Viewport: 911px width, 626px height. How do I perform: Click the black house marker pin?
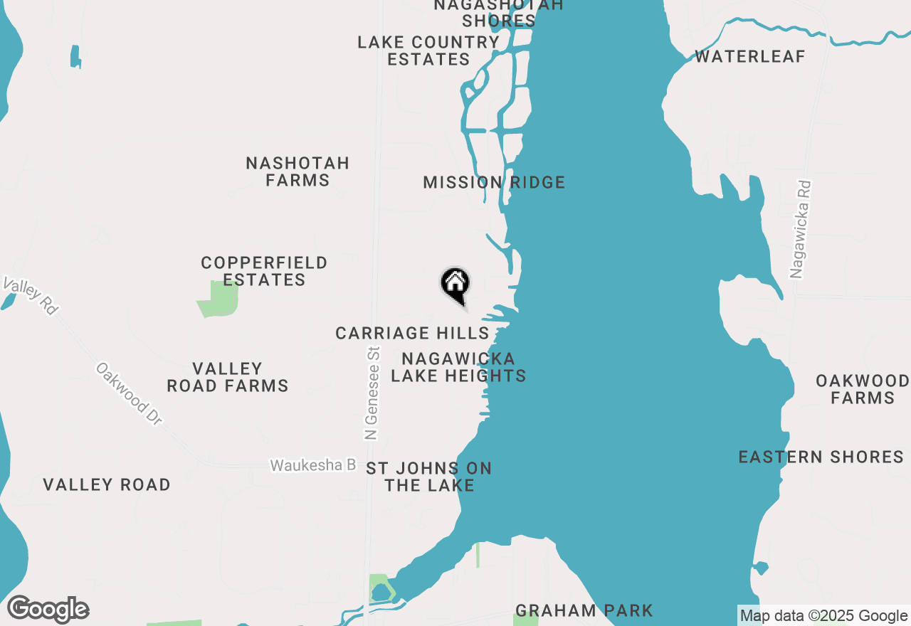coord(455,285)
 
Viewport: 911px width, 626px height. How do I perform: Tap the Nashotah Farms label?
coord(297,172)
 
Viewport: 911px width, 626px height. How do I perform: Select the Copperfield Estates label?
coord(264,272)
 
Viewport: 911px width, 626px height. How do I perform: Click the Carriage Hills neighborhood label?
coord(412,333)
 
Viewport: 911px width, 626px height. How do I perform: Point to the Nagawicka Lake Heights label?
coord(458,367)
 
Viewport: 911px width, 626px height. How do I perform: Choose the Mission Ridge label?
coord(494,183)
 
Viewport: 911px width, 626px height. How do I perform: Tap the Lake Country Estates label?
coord(428,51)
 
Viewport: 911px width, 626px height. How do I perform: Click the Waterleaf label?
coord(750,57)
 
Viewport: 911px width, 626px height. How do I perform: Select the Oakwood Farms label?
coord(863,389)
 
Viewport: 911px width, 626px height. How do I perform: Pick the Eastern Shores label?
coord(821,457)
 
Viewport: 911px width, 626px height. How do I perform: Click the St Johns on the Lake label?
coord(429,477)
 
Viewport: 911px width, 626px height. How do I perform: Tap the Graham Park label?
coord(584,610)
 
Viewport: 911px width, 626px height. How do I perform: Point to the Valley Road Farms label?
coord(228,377)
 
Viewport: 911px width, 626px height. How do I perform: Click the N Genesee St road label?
coord(372,393)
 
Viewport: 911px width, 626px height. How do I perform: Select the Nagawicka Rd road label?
coord(801,229)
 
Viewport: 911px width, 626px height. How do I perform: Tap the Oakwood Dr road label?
coord(130,394)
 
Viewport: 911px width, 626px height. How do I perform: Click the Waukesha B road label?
coord(312,465)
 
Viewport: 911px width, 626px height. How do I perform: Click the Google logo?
coord(48,610)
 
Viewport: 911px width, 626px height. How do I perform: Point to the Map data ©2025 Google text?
coord(823,616)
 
